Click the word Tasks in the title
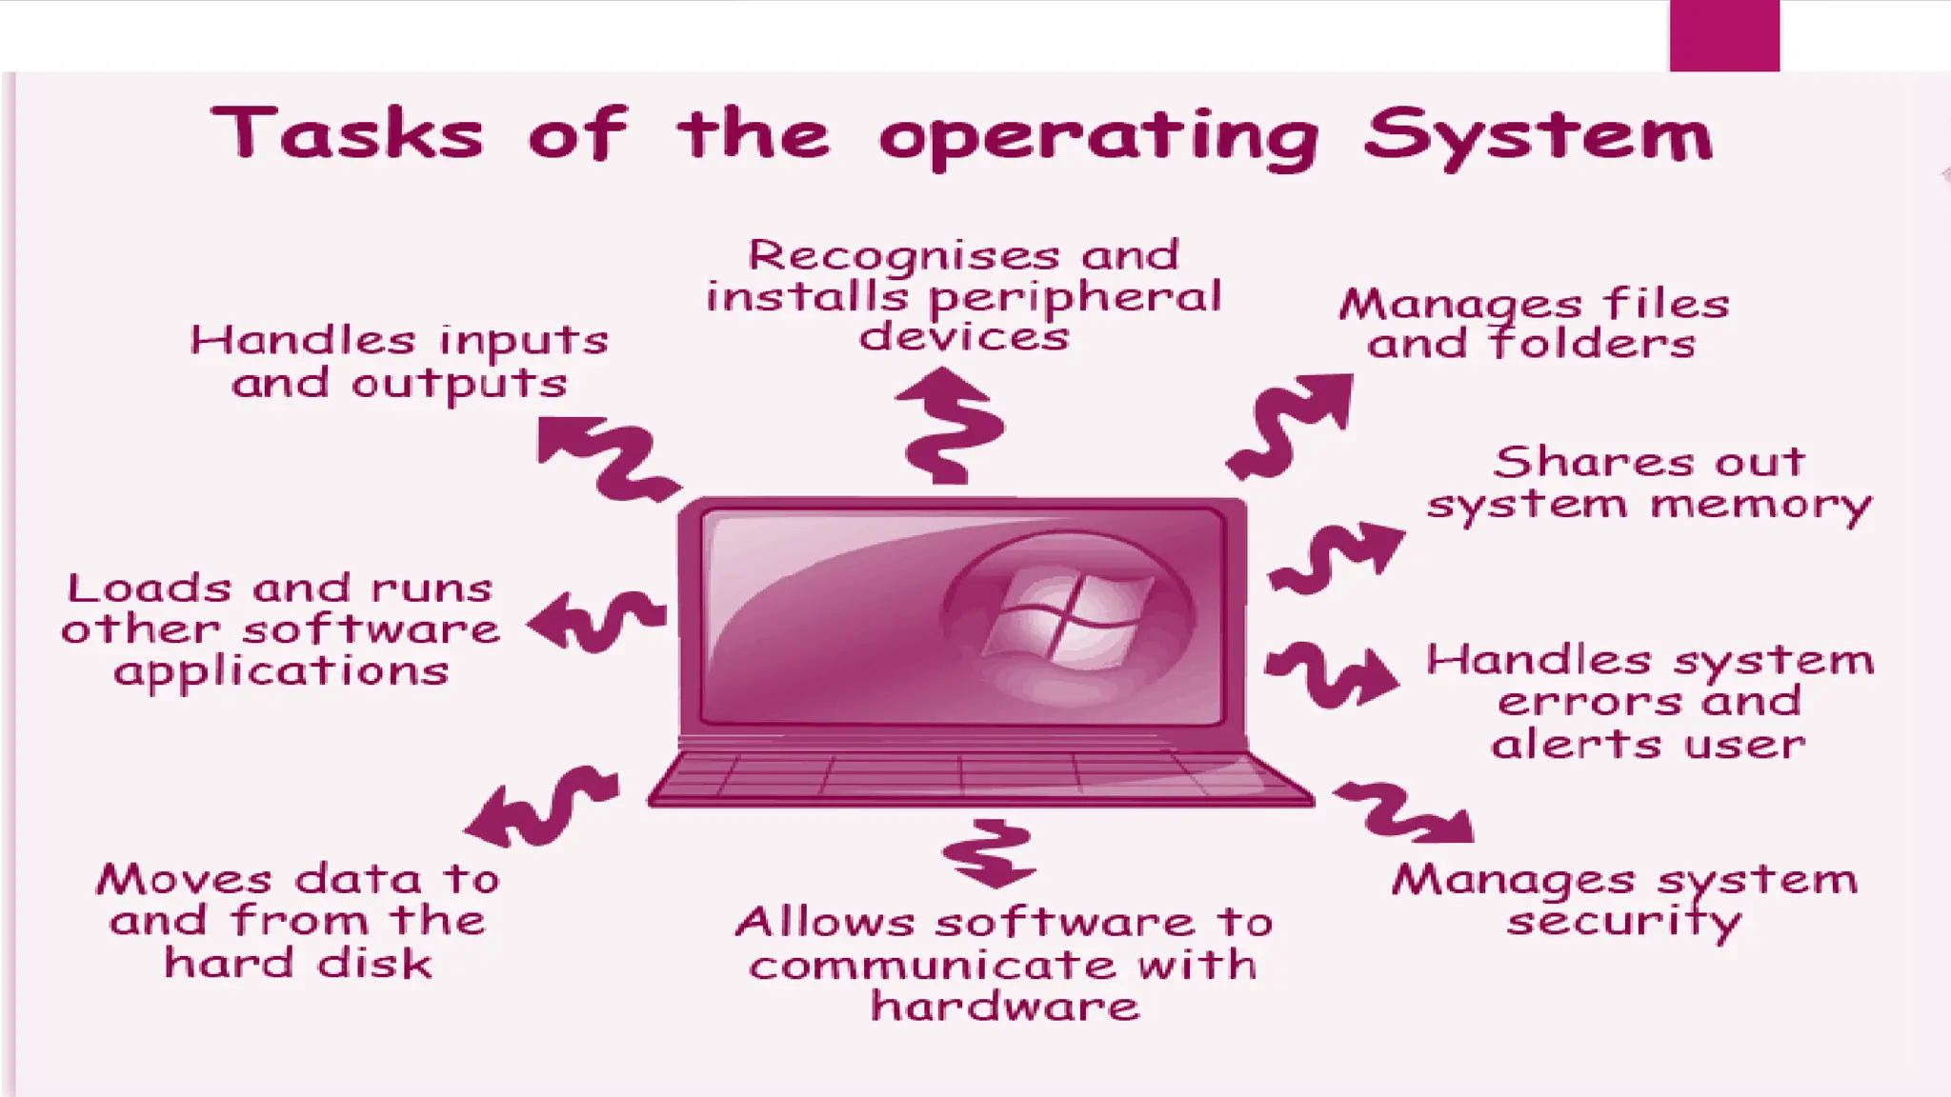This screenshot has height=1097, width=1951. coord(347,134)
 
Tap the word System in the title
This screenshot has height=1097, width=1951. coord(1537,137)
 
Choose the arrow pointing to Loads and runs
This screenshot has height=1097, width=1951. coord(595,621)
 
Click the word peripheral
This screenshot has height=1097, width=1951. coord(1074,298)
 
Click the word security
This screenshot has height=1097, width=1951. coord(1623,922)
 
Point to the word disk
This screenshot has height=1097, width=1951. coord(374,964)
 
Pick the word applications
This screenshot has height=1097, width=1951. coord(281,672)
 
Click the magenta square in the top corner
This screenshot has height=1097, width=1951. coord(1724,35)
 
